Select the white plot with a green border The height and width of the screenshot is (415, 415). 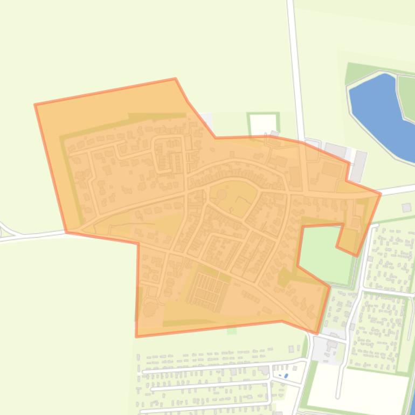tap(263, 124)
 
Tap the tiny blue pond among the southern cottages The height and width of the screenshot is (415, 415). tap(286, 376)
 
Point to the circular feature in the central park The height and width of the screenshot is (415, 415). tap(222, 193)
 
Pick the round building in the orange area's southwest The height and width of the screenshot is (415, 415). tap(149, 309)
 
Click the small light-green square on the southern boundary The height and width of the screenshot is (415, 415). tap(232, 330)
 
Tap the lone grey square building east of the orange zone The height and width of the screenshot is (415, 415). tap(406, 207)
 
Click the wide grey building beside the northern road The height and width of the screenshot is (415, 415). tap(335, 150)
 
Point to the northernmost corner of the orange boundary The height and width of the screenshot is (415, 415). tap(175, 79)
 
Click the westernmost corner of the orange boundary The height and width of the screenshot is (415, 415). tap(35, 105)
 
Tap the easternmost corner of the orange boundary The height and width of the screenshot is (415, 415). tap(381, 193)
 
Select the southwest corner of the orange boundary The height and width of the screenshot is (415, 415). tap(136, 336)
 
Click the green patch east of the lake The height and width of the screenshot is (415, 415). tap(407, 97)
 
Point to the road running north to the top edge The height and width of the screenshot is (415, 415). tap(294, 54)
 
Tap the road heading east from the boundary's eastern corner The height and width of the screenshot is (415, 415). tap(399, 190)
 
